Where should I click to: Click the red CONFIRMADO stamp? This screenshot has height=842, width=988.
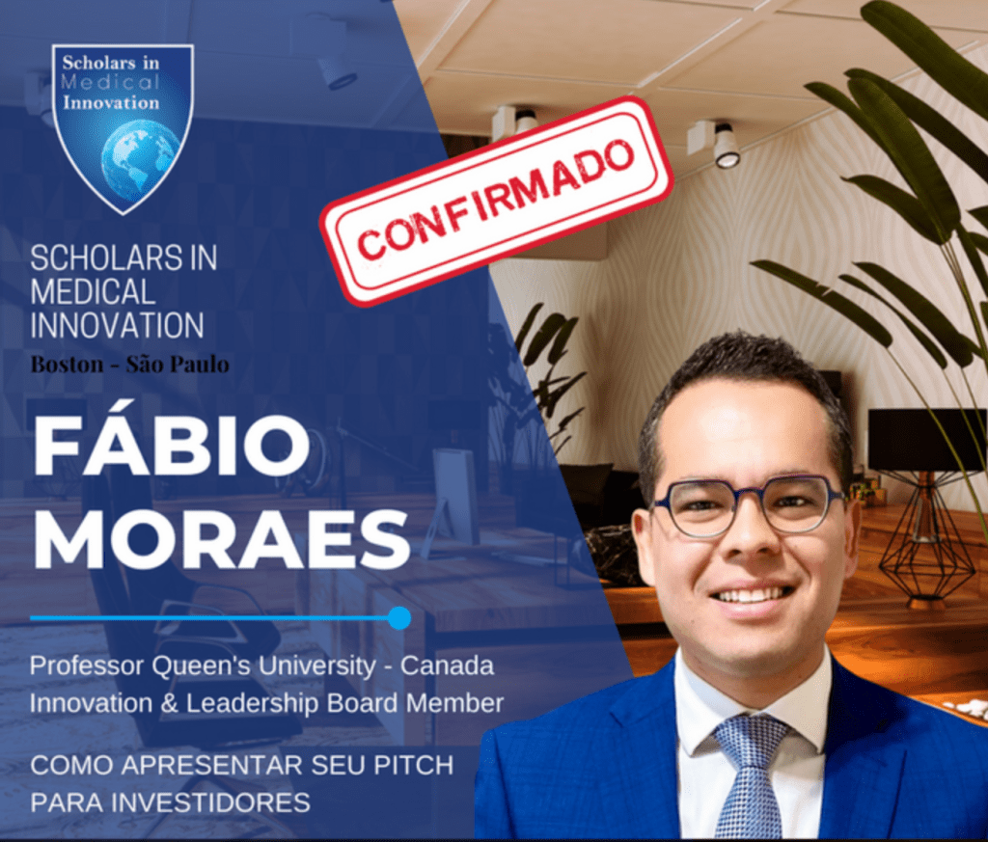[496, 200]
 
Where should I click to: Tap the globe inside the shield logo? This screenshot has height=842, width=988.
[139, 158]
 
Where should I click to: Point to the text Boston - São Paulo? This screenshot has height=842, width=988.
[129, 365]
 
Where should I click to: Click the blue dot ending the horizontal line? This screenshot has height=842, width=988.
[398, 617]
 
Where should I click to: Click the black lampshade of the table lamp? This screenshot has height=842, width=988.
[925, 440]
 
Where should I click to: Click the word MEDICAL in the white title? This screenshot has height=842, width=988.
[93, 291]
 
